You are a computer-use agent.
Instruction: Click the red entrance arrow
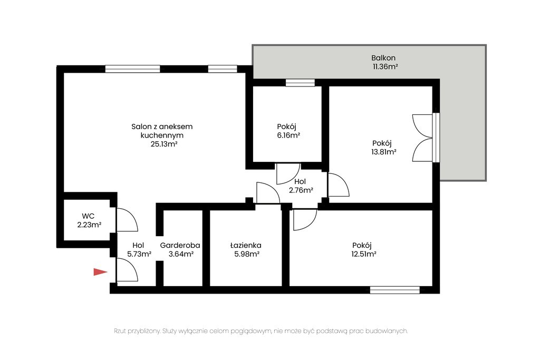point(100,272)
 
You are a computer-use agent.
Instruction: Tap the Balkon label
point(383,58)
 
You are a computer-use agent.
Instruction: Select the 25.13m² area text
point(163,144)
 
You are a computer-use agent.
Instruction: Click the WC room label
point(88,216)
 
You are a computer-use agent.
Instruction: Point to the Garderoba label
point(180,246)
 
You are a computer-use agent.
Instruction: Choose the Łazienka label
point(246,246)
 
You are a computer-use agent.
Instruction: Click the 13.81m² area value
point(384,152)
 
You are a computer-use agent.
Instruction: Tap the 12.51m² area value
point(364,255)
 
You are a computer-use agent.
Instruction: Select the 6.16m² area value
point(288,135)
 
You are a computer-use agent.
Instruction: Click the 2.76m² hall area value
point(301,190)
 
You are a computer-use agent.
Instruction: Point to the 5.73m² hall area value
point(139,255)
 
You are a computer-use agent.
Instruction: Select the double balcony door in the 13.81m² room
point(423,138)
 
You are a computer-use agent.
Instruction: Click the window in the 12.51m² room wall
point(394,290)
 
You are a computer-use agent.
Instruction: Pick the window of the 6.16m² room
point(300,83)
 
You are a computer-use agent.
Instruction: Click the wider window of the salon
point(132,69)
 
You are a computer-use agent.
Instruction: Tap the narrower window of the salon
point(223,69)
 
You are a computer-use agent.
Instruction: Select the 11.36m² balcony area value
point(385,67)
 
